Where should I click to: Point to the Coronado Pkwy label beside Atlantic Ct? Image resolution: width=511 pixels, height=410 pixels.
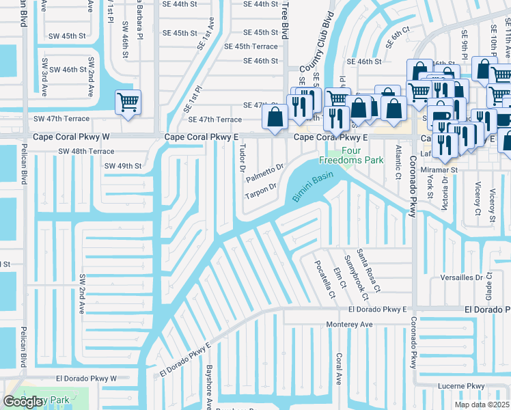[413, 187]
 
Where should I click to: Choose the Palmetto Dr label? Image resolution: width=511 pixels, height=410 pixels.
[264, 173]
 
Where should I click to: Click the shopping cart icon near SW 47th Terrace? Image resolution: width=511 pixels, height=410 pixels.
[128, 102]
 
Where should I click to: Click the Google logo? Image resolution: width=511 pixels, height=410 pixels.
[23, 402]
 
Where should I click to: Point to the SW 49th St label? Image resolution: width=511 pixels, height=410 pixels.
[123, 165]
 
